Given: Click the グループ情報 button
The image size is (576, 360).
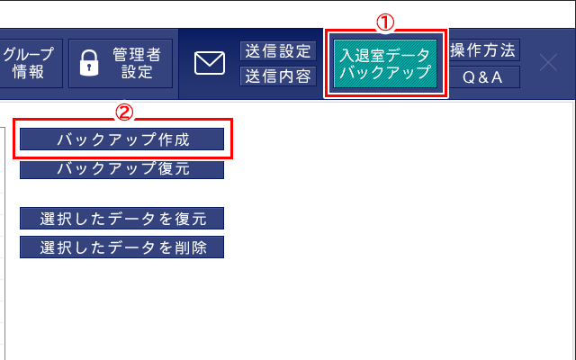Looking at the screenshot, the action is click(31, 63).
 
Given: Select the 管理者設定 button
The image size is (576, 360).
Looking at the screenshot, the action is click(121, 63).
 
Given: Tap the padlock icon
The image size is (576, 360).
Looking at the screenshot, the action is click(89, 63).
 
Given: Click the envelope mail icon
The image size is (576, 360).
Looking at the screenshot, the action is click(210, 63).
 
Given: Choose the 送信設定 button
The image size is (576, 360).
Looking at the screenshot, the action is click(278, 50).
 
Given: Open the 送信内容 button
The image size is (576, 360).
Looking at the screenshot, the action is click(278, 76).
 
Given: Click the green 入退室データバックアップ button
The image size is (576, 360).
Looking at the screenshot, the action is click(385, 63).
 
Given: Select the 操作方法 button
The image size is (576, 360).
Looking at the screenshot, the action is click(482, 50).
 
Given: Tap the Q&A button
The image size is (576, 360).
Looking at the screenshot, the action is click(482, 76).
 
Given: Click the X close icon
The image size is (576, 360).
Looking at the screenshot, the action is click(548, 62).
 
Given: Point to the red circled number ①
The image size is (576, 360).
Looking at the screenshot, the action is click(385, 22).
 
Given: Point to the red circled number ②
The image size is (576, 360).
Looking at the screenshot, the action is click(124, 112).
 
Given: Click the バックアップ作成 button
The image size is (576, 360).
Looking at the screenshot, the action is click(122, 139).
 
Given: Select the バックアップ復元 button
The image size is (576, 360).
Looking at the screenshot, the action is click(122, 170).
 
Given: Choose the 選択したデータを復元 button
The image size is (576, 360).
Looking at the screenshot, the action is click(122, 218).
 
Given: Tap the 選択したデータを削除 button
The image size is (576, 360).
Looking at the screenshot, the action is click(122, 247).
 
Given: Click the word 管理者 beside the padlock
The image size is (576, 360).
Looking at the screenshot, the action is click(137, 55).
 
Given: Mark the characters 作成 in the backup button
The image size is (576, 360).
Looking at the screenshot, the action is click(174, 139).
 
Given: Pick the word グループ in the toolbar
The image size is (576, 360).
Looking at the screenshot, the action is click(29, 54).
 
